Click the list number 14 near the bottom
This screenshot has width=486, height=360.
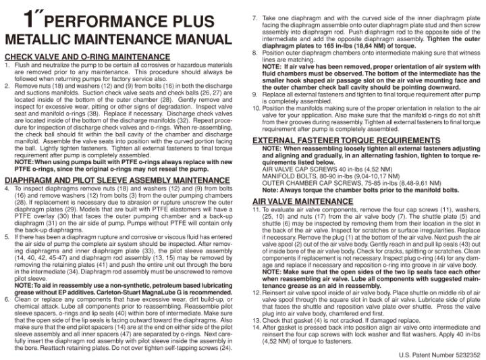(x=256, y=327)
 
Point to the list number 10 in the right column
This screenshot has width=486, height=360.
(x=256, y=107)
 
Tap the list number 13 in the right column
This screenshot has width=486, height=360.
(x=256, y=320)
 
